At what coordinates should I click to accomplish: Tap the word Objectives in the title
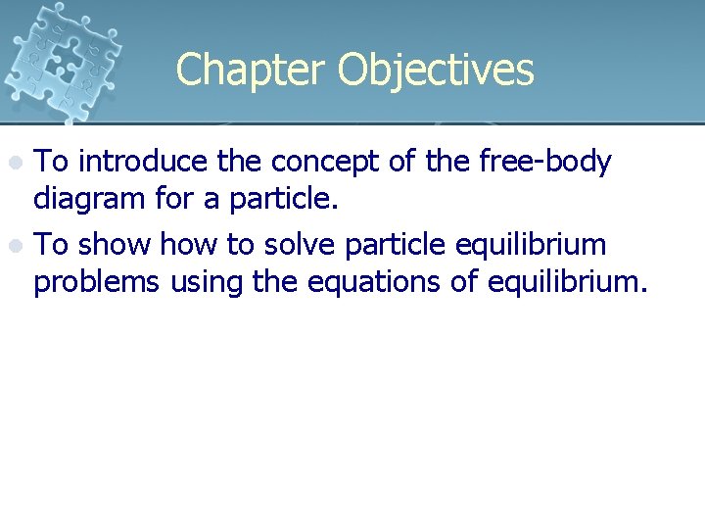pos(436,71)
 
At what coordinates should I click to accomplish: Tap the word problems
pos(97,283)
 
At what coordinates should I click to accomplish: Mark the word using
pos(207,283)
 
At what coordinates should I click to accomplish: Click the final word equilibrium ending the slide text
pos(571,282)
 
